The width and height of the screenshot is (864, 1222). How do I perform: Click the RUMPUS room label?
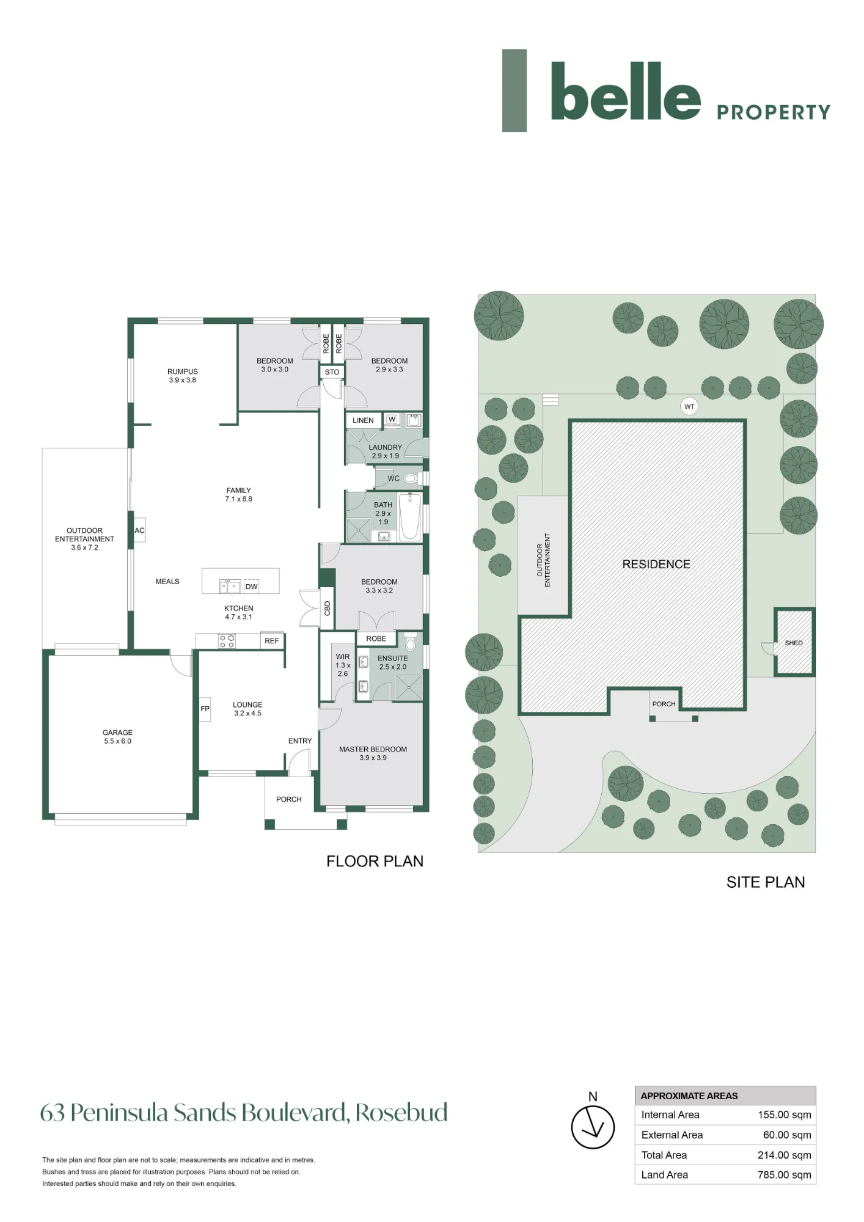pyautogui.click(x=183, y=371)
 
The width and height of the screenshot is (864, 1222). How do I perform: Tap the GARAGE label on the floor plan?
pyautogui.click(x=117, y=733)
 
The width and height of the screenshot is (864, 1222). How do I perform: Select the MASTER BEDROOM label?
pyautogui.click(x=373, y=749)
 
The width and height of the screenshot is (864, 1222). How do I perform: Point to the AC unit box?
pyautogui.click(x=140, y=530)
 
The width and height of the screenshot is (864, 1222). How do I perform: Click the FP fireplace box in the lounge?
pyautogui.click(x=205, y=709)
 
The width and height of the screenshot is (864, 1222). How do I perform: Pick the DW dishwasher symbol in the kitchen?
pyautogui.click(x=251, y=586)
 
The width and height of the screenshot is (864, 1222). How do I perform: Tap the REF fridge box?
pyautogui.click(x=272, y=640)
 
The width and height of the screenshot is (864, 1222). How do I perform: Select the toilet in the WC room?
pyautogui.click(x=411, y=478)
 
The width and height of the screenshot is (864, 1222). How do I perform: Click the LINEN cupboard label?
pyautogui.click(x=363, y=420)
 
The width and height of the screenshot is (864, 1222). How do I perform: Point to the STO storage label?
pyautogui.click(x=332, y=372)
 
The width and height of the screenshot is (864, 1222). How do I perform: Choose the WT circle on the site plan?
pyautogui.click(x=689, y=406)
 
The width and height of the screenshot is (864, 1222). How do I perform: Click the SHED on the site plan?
pyautogui.click(x=794, y=642)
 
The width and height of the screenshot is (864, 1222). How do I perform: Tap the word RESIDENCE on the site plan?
pyautogui.click(x=656, y=564)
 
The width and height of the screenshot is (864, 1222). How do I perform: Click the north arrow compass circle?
pyautogui.click(x=593, y=1127)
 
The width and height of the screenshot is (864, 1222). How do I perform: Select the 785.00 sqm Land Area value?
pyautogui.click(x=785, y=1174)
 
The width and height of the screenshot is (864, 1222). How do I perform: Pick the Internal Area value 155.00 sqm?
pyautogui.click(x=785, y=1114)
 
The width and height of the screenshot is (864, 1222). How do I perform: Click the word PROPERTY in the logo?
pyautogui.click(x=774, y=112)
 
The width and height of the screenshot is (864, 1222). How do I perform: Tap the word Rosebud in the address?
pyautogui.click(x=401, y=1113)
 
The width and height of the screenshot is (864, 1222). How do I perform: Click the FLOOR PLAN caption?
pyautogui.click(x=375, y=861)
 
